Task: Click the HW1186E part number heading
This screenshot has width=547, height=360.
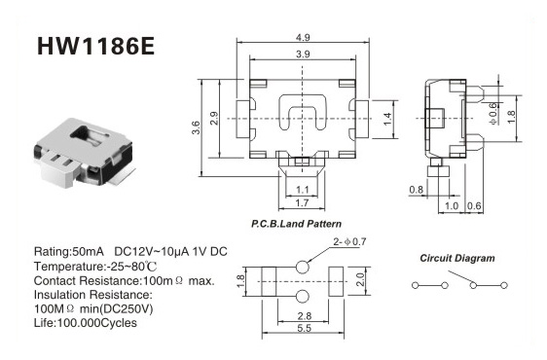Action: click(x=95, y=46)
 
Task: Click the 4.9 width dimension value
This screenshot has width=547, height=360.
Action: click(x=303, y=37)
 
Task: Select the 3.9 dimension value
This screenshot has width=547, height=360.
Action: click(x=303, y=54)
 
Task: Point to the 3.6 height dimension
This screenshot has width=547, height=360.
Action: click(x=196, y=127)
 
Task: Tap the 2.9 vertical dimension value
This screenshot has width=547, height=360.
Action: click(x=214, y=119)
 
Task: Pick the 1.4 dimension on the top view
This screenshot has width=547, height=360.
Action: click(x=387, y=120)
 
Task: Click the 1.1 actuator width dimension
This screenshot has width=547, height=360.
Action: click(x=302, y=190)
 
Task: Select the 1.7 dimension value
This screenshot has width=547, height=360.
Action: click(x=302, y=202)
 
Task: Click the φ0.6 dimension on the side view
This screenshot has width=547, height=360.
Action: click(x=492, y=114)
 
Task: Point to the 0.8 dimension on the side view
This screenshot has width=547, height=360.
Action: click(x=417, y=190)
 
